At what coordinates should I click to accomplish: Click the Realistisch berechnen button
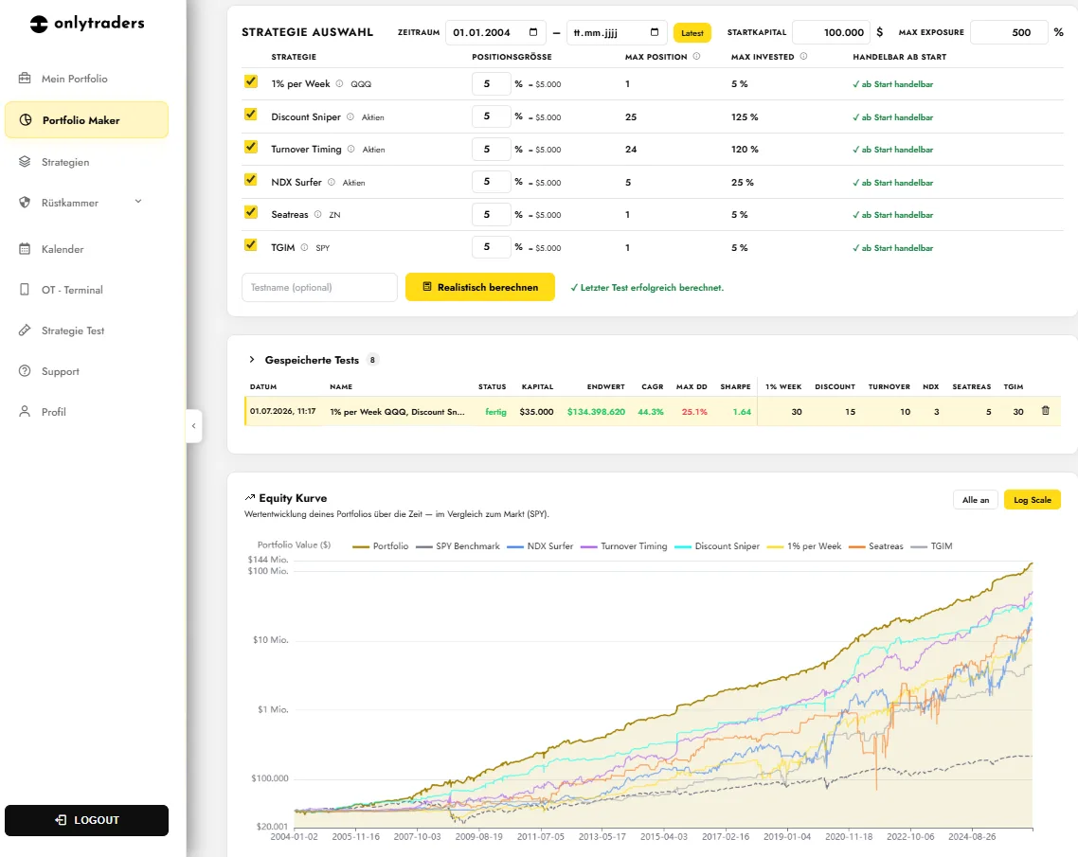pyautogui.click(x=480, y=287)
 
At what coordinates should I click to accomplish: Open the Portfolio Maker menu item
pyautogui.click(x=86, y=120)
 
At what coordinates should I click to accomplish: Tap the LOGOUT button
pyautogui.click(x=86, y=820)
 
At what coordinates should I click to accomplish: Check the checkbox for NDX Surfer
pyautogui.click(x=251, y=180)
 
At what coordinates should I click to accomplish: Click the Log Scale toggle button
pyautogui.click(x=1032, y=500)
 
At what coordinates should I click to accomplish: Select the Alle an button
pyautogui.click(x=976, y=500)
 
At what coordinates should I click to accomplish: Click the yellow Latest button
pyautogui.click(x=692, y=33)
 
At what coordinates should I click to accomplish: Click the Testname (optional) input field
pyautogui.click(x=319, y=287)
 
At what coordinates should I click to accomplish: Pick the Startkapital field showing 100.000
pyautogui.click(x=831, y=32)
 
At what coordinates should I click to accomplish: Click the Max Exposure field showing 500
pyautogui.click(x=1009, y=32)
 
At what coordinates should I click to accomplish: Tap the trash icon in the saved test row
pyautogui.click(x=1046, y=411)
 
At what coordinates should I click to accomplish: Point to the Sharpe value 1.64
pyautogui.click(x=742, y=412)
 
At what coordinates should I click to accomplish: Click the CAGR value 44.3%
pyautogui.click(x=651, y=412)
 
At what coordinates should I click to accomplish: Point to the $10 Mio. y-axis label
pyautogui.click(x=271, y=640)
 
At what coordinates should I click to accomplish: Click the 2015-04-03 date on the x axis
pyautogui.click(x=663, y=836)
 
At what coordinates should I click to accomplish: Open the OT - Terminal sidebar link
pyautogui.click(x=72, y=290)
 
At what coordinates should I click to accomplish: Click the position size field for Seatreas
pyautogui.click(x=491, y=214)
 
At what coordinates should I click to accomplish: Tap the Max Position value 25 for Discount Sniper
pyautogui.click(x=631, y=116)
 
